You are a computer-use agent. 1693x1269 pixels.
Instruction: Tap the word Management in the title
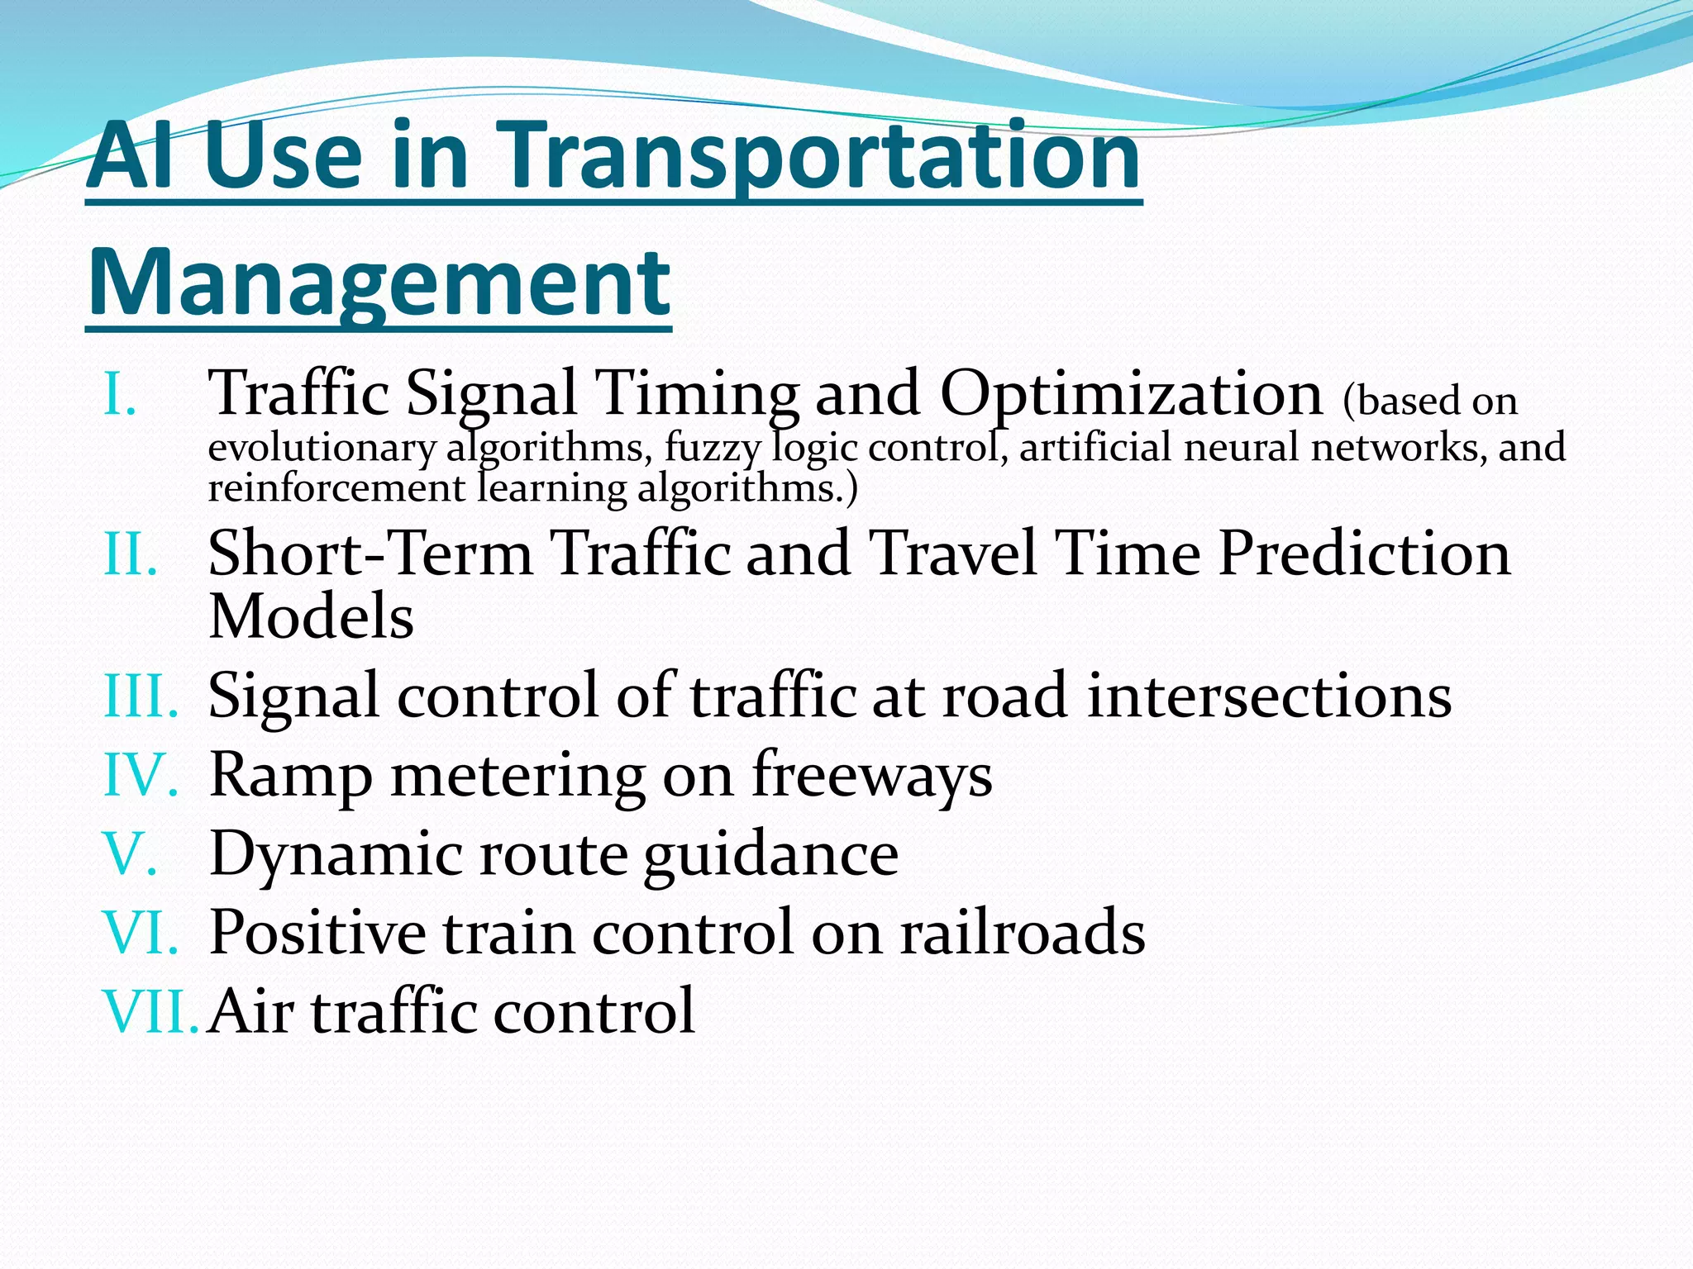379,283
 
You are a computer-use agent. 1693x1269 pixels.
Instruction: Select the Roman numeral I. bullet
120,394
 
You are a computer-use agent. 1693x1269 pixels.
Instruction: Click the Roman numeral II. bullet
131,554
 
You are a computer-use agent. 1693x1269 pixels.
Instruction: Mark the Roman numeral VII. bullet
151,1011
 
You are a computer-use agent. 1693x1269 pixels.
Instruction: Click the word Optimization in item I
1131,394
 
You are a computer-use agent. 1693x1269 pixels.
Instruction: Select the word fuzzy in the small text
712,449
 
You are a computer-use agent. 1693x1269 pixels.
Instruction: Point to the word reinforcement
336,488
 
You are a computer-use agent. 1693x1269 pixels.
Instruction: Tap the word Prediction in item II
1364,553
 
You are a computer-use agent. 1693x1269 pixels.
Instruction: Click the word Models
311,616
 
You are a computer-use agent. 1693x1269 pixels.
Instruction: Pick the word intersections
1269,696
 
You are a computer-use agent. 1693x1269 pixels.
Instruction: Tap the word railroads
1023,933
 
